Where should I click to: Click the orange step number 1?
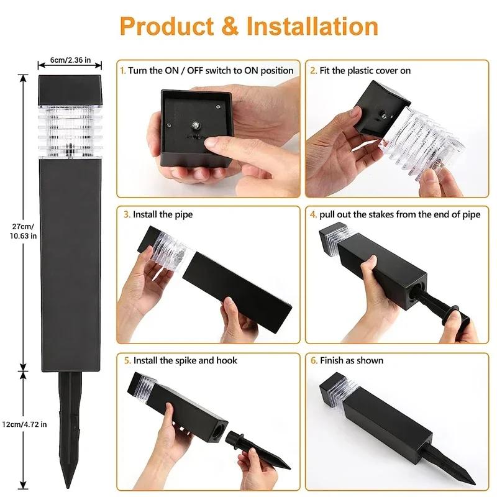[122, 71]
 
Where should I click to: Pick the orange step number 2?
[313, 71]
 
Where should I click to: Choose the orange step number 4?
[313, 214]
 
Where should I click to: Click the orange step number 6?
[313, 360]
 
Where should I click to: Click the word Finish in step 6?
[333, 360]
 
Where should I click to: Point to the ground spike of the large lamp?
[70, 422]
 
